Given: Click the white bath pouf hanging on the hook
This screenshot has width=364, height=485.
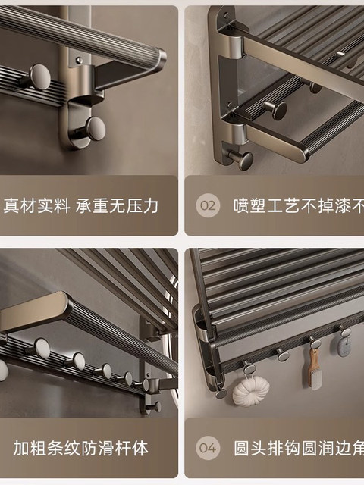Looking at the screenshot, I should click(250, 390).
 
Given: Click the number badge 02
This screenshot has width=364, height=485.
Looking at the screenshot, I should click(208, 205).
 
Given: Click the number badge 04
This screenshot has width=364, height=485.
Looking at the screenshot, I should click(208, 447).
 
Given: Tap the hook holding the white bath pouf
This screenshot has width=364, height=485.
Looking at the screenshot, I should click(249, 368).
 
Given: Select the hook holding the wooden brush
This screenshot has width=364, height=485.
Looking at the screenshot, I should click(315, 343).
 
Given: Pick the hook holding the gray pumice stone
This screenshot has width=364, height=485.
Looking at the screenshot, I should click(345, 332).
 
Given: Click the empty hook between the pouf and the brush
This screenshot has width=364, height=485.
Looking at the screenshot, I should click(283, 355).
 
